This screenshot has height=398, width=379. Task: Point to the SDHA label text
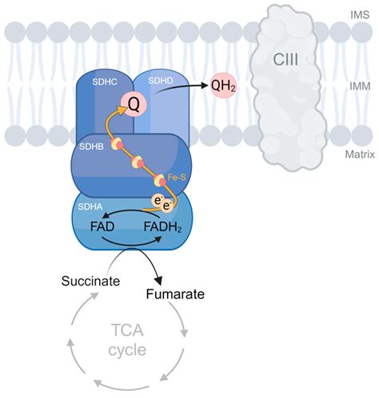(92, 207)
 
